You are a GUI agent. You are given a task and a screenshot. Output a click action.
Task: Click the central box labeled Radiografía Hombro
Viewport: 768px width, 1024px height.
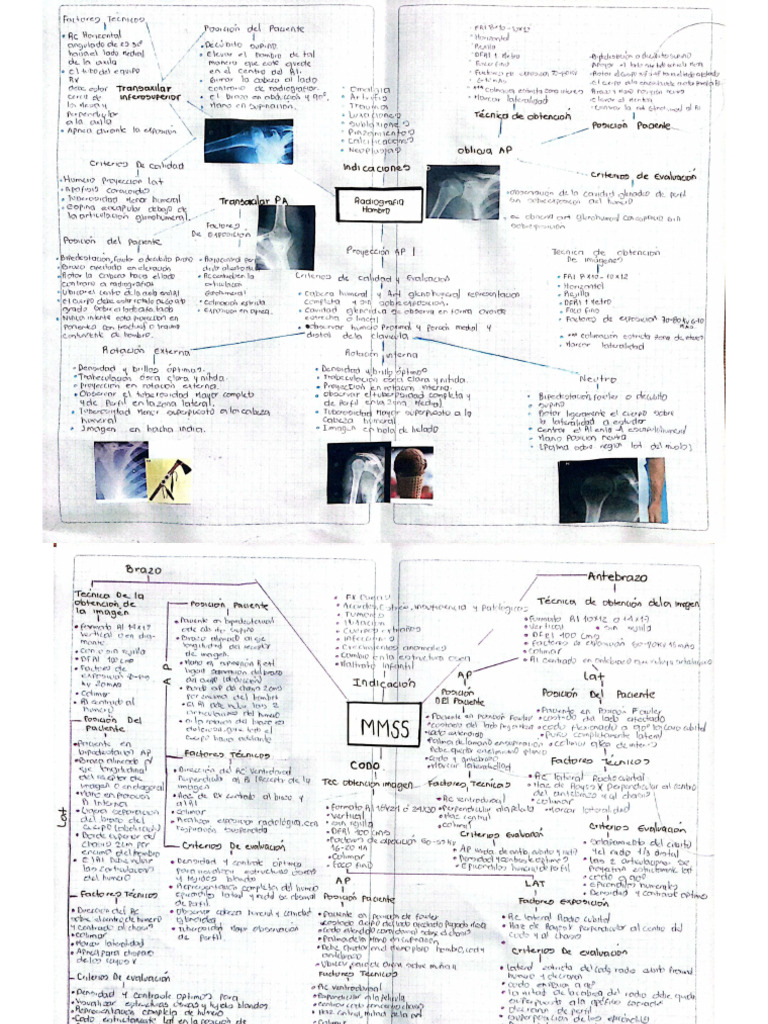(369, 206)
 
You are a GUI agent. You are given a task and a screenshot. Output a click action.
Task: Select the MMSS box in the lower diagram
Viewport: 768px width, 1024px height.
(378, 730)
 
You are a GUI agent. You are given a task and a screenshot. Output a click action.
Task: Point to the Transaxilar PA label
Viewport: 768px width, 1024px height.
(247, 202)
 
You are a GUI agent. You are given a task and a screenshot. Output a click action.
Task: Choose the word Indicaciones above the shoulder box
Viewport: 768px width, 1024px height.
(376, 169)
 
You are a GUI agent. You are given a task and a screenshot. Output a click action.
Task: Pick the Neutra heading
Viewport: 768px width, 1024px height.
(597, 379)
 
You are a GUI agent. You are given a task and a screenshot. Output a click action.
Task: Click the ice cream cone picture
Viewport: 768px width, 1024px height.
(410, 473)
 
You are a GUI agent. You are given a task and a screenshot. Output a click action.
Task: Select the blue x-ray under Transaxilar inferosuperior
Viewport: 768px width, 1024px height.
(248, 142)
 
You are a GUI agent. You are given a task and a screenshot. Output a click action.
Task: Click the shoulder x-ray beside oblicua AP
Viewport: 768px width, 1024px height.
(462, 192)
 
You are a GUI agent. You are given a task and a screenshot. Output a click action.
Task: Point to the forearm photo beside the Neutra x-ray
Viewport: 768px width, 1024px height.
(656, 489)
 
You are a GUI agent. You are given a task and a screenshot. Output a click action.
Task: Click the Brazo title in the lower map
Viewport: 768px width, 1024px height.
(143, 569)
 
